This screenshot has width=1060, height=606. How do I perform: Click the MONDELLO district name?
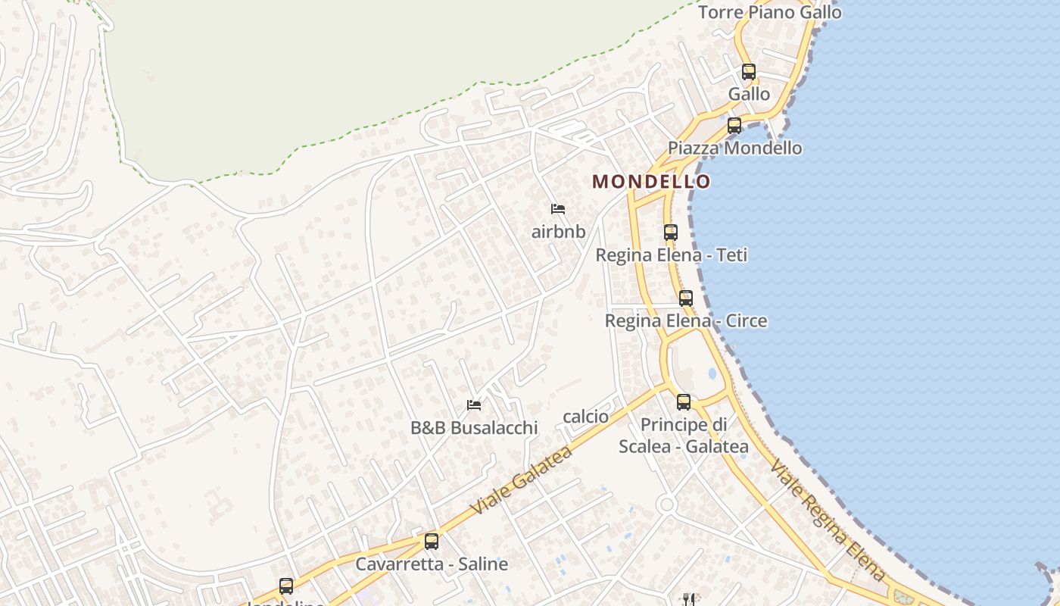651,182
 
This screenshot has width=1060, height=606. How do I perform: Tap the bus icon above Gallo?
749,72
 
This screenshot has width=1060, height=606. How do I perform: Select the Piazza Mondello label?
734,148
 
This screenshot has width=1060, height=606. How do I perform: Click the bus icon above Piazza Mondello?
734,126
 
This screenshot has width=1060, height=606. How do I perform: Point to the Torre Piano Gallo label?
769,13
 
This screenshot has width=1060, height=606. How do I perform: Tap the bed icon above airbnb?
558,209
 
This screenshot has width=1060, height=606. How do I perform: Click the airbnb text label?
558,232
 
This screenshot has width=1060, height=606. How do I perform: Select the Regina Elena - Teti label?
671,255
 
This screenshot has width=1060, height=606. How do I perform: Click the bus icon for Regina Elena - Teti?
671,233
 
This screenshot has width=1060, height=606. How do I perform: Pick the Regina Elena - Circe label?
685,321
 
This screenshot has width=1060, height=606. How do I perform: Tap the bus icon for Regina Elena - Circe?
686,298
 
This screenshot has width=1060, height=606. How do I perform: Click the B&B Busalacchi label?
474,428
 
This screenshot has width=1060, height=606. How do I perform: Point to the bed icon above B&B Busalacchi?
474,405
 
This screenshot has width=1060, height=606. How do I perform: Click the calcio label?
585,417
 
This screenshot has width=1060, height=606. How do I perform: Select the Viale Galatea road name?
521,481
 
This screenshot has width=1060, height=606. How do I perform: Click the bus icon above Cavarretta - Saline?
432,542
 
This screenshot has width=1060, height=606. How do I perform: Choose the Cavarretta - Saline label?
432,564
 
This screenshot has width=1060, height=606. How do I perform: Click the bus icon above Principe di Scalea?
684,402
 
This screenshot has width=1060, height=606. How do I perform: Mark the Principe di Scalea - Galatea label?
684,436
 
